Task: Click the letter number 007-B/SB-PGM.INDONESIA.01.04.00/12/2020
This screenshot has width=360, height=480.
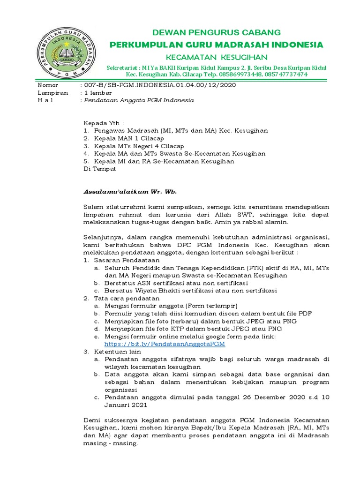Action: [x=159, y=85]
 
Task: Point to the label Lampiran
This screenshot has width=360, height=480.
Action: [x=50, y=93]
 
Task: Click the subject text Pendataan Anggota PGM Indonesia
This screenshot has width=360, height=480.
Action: [x=139, y=100]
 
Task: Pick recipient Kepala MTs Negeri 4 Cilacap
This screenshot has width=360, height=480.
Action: [x=139, y=146]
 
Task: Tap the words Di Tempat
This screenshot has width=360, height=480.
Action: [x=99, y=169]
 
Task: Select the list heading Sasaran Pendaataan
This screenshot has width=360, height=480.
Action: [x=127, y=260]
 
